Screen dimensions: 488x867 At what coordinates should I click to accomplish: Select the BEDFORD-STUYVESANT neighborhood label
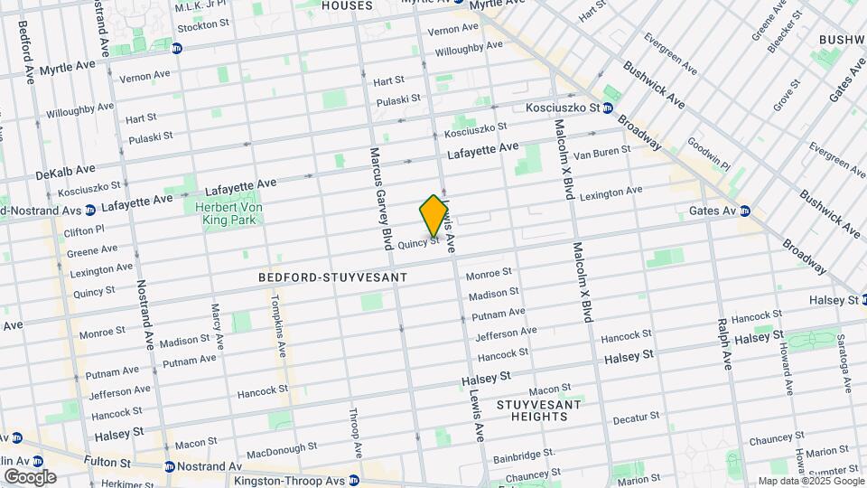coord(333,277)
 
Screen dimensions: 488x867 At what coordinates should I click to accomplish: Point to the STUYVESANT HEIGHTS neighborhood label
coord(538,410)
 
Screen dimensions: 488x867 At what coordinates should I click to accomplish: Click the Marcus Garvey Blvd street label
coord(380,198)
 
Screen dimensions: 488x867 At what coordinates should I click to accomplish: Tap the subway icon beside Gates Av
coord(745,211)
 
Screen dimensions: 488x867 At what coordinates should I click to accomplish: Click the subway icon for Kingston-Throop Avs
coord(354,480)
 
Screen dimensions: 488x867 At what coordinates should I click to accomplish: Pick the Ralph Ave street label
coord(724,343)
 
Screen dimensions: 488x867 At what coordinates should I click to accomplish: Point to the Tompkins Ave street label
coord(281,326)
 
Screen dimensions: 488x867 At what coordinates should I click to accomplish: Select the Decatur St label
coord(636,418)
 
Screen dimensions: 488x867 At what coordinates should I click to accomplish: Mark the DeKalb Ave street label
coord(65,170)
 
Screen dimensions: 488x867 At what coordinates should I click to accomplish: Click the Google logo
coord(30,476)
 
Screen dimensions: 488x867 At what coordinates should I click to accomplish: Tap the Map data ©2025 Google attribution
coord(810,481)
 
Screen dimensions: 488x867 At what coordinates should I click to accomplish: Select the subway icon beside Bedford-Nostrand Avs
coord(89,211)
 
